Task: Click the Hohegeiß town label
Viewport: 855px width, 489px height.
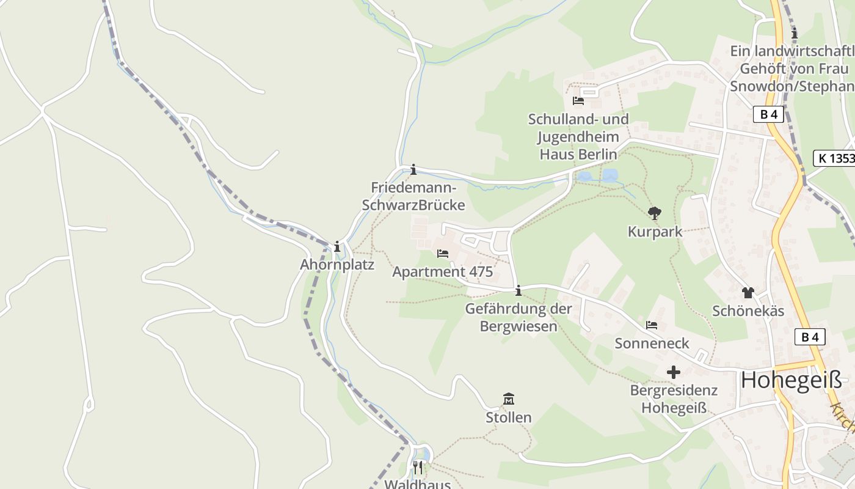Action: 791,380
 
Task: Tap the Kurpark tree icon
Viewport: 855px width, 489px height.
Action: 655,213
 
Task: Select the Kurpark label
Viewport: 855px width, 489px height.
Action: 655,232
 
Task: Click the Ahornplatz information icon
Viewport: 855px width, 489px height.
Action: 337,247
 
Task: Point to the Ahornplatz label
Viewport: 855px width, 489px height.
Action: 337,265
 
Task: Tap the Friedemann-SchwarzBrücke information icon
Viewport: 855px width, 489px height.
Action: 413,169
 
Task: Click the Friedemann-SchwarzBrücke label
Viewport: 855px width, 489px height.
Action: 413,196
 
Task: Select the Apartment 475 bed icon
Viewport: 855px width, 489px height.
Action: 443,254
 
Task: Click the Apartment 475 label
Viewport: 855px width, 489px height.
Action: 442,272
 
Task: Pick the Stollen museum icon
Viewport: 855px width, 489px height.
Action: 508,399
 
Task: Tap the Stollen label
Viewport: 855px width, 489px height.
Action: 508,418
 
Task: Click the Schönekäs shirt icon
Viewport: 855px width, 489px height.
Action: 748,292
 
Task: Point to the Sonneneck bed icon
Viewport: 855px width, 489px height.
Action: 652,325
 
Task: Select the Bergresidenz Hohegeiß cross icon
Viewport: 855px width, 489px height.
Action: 674,372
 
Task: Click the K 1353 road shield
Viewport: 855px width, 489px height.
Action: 834,158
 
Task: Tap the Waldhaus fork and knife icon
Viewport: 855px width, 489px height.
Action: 418,468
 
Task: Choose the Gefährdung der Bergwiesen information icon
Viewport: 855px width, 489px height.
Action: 518,290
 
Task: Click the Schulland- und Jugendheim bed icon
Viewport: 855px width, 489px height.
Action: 578,100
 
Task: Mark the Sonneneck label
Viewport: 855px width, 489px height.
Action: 652,344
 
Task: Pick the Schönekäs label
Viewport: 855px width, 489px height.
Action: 748,311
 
